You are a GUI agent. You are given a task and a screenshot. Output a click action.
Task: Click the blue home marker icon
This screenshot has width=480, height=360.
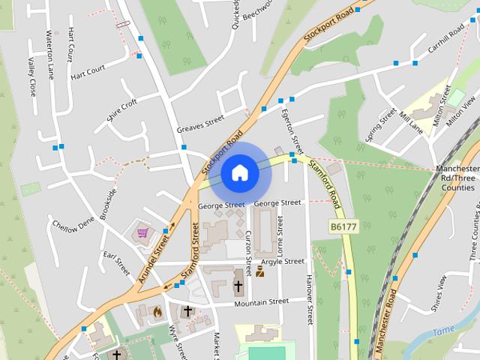point(240,173)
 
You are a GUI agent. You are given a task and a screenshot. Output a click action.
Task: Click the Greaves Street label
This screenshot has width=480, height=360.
point(200,124)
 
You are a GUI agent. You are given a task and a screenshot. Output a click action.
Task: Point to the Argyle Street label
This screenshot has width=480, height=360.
point(282,262)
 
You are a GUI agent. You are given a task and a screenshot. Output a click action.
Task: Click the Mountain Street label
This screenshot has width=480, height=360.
point(261,301)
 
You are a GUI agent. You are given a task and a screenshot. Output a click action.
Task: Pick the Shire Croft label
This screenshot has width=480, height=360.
point(122,109)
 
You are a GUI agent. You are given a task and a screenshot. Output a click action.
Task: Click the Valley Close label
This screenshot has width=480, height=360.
point(31,77)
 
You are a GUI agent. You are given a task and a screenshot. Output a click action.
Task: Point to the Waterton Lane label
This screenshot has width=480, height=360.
point(51,55)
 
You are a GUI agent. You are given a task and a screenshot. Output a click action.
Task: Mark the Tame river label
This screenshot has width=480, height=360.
point(444,329)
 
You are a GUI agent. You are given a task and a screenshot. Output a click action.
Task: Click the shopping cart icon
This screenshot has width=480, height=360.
point(142,233)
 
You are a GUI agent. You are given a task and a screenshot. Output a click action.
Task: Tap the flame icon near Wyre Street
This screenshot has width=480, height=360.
point(157,310)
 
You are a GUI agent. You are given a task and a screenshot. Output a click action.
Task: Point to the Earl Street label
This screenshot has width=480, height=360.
point(118,263)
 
